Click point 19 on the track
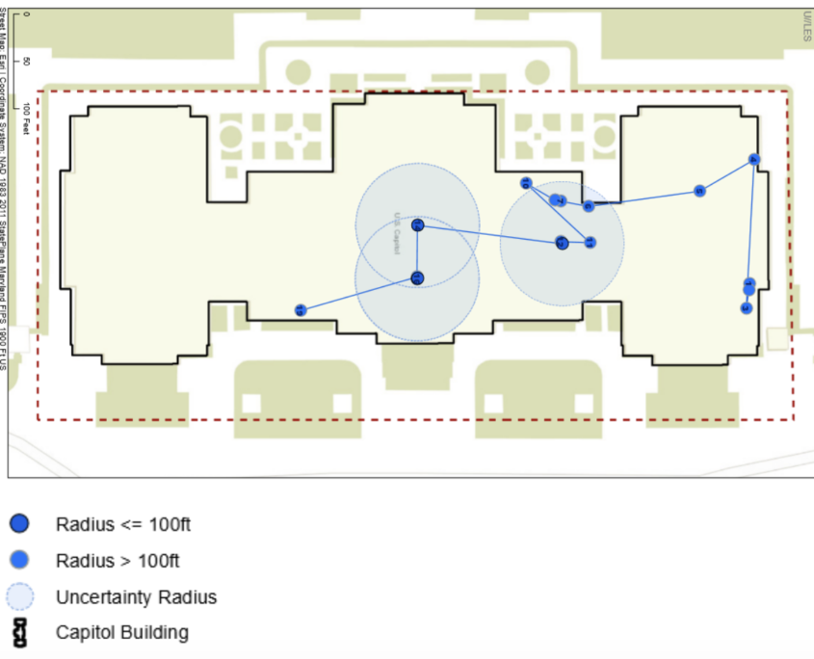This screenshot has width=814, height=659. pos(301,310)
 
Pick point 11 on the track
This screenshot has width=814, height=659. pos(590,242)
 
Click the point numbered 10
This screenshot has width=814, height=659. pos(526,183)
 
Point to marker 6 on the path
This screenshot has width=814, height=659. pos(588,206)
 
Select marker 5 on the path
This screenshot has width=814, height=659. pos(700,191)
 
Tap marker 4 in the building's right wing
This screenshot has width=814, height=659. pos(754,160)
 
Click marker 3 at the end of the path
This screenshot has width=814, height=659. pos(746,308)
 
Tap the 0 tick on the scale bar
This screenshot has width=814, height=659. pos(26,15)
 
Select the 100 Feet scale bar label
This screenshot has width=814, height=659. pos(26,119)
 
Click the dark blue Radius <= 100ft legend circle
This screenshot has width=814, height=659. pos(19,524)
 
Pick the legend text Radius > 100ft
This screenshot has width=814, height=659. pos(118,561)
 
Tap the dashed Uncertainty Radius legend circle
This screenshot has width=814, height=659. pos(19,597)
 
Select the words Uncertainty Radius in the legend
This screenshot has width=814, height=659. pos(136,597)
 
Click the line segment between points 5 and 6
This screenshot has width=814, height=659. pos(643,198)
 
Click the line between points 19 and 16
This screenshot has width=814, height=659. pos(358,295)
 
